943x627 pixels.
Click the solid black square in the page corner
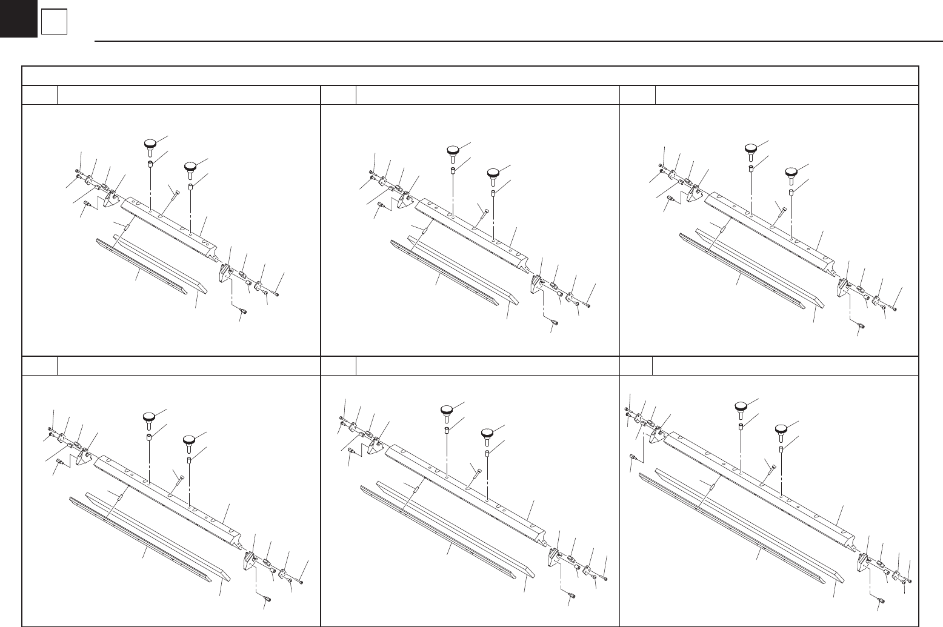pyautogui.click(x=18, y=18)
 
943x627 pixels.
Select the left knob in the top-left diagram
pyautogui.click(x=150, y=144)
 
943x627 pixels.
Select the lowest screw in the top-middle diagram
pyautogui.click(x=553, y=325)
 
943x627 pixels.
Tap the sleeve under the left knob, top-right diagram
pyautogui.click(x=750, y=167)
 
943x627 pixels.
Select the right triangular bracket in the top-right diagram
pyautogui.click(x=842, y=284)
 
